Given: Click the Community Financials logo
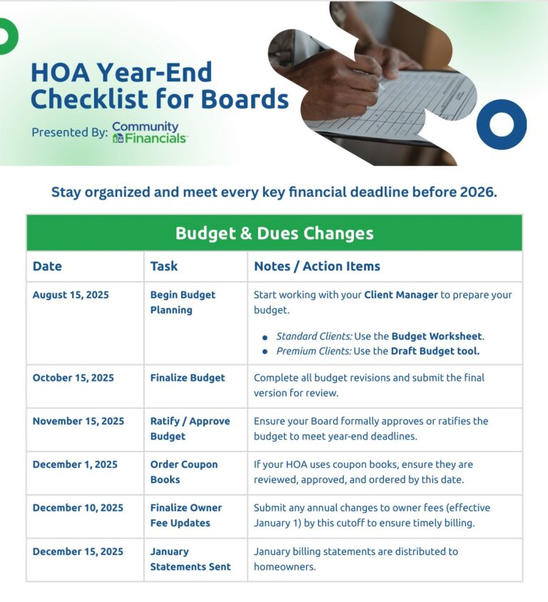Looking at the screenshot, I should coord(149,133).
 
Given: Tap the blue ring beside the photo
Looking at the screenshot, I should coord(501,124).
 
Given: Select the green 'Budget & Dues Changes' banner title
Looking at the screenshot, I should coord(274,233).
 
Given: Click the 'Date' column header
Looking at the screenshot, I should coord(47,266).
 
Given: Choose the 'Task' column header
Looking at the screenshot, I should coord(163,266).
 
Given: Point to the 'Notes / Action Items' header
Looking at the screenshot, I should coord(317,266).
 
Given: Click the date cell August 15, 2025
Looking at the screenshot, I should coord(71,295).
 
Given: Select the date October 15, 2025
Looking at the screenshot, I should coord(73,378).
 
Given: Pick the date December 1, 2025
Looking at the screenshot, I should coord(75,464).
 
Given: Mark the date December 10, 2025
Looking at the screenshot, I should coord(77,508).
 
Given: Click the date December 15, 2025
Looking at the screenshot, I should coord(77,551).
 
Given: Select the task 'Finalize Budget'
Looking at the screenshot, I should coord(187,378).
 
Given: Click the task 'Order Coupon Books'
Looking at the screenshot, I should coord(183,471).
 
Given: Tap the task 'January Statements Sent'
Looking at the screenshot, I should coord(190,559).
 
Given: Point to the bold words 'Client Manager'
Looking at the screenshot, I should coord(400,295).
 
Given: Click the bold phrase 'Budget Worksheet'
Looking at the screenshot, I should coord(437,336).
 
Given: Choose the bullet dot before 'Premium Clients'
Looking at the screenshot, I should coord(265,352).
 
